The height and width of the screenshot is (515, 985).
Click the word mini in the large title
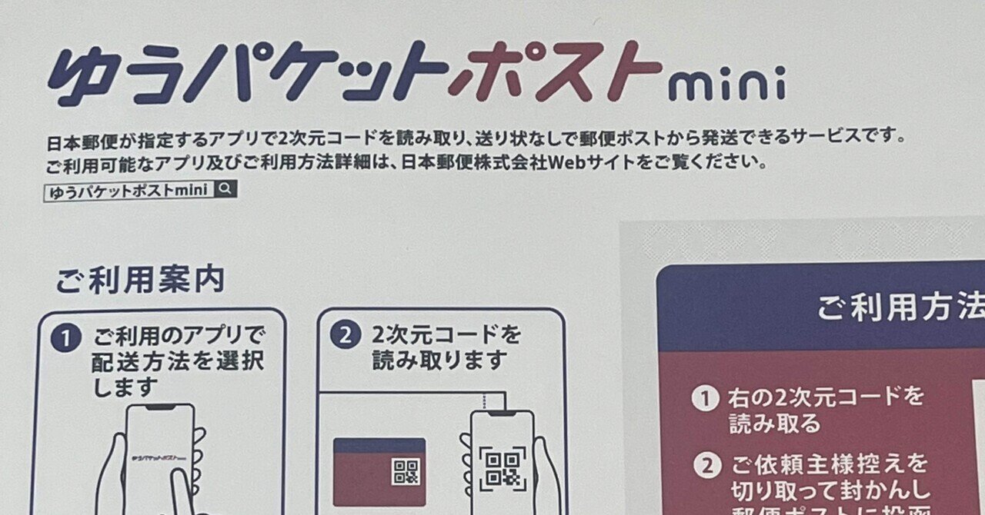point(726,83)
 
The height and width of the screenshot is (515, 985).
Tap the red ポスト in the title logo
point(554,72)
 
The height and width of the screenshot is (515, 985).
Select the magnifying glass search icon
point(225,189)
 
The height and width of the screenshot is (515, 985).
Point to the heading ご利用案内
point(139,281)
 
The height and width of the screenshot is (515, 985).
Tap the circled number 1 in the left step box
point(66,338)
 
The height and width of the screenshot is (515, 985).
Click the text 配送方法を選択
point(178,360)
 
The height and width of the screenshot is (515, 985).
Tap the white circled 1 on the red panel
point(704,399)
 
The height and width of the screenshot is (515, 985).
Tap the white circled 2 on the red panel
point(704,465)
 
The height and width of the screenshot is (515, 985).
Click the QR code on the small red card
point(406,471)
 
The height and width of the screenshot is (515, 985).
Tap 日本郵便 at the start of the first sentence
point(77,141)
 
